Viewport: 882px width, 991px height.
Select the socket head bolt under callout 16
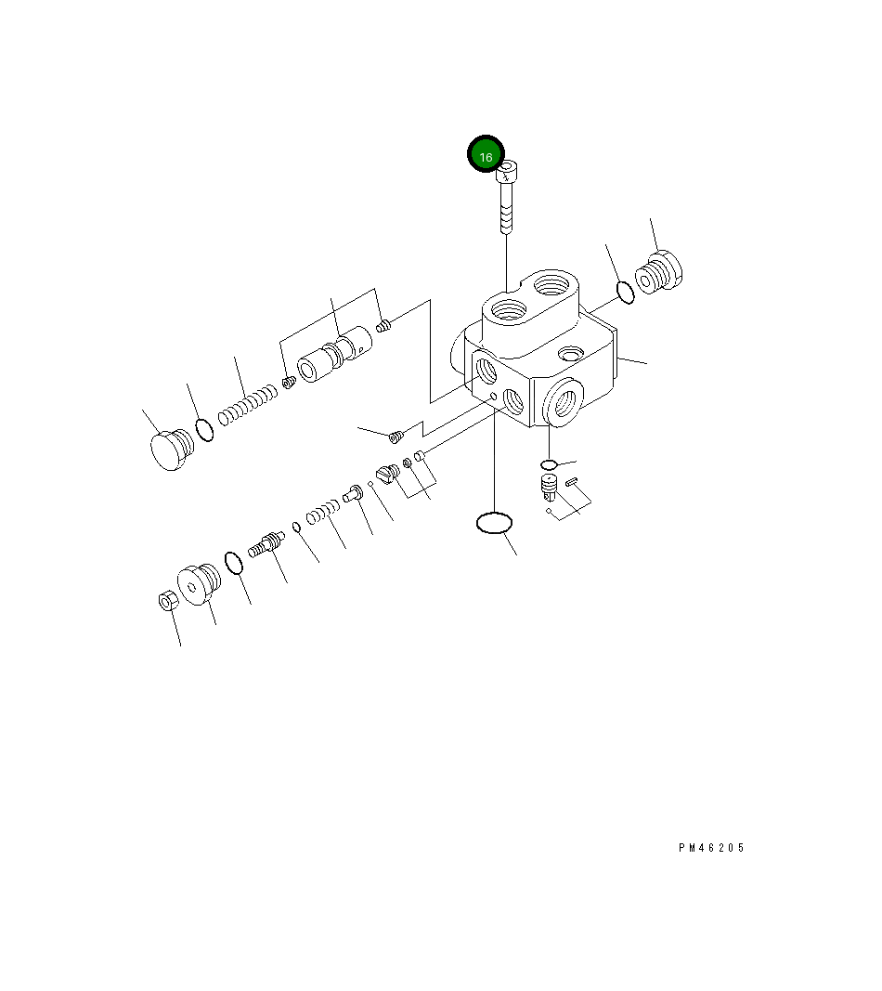click(506, 197)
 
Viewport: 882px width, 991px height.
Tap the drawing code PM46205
click(712, 848)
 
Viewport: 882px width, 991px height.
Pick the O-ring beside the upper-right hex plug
click(625, 292)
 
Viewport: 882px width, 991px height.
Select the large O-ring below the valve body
click(494, 523)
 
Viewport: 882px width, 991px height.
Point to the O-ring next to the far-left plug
click(204, 430)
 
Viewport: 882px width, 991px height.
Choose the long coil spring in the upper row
click(248, 405)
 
